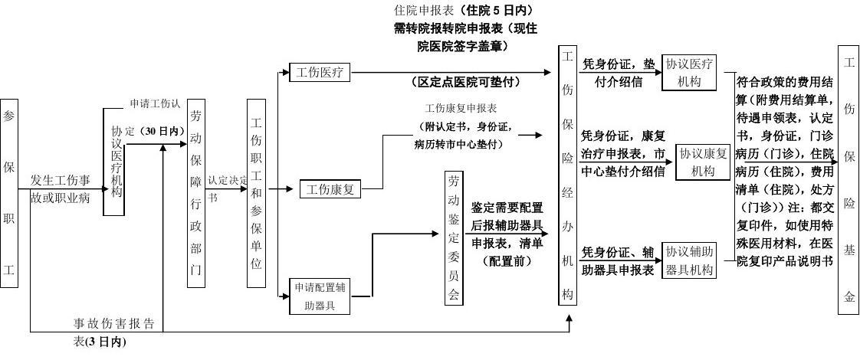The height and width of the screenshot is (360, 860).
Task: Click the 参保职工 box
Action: click(9, 193)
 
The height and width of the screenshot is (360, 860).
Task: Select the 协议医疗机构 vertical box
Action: click(113, 162)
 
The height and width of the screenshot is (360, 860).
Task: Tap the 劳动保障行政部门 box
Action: click(196, 193)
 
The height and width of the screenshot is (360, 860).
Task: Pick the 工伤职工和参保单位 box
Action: click(256, 193)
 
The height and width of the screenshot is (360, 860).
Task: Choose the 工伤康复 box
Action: click(330, 188)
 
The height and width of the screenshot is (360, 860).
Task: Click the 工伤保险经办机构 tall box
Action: click(567, 175)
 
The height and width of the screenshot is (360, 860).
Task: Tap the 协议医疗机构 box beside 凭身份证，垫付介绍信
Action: click(689, 74)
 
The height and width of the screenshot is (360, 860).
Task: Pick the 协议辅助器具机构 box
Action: click(689, 260)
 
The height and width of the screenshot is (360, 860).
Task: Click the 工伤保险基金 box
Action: click(849, 175)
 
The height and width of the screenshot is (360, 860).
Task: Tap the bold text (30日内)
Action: click(162, 131)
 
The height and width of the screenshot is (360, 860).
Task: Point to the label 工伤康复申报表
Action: click(461, 109)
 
